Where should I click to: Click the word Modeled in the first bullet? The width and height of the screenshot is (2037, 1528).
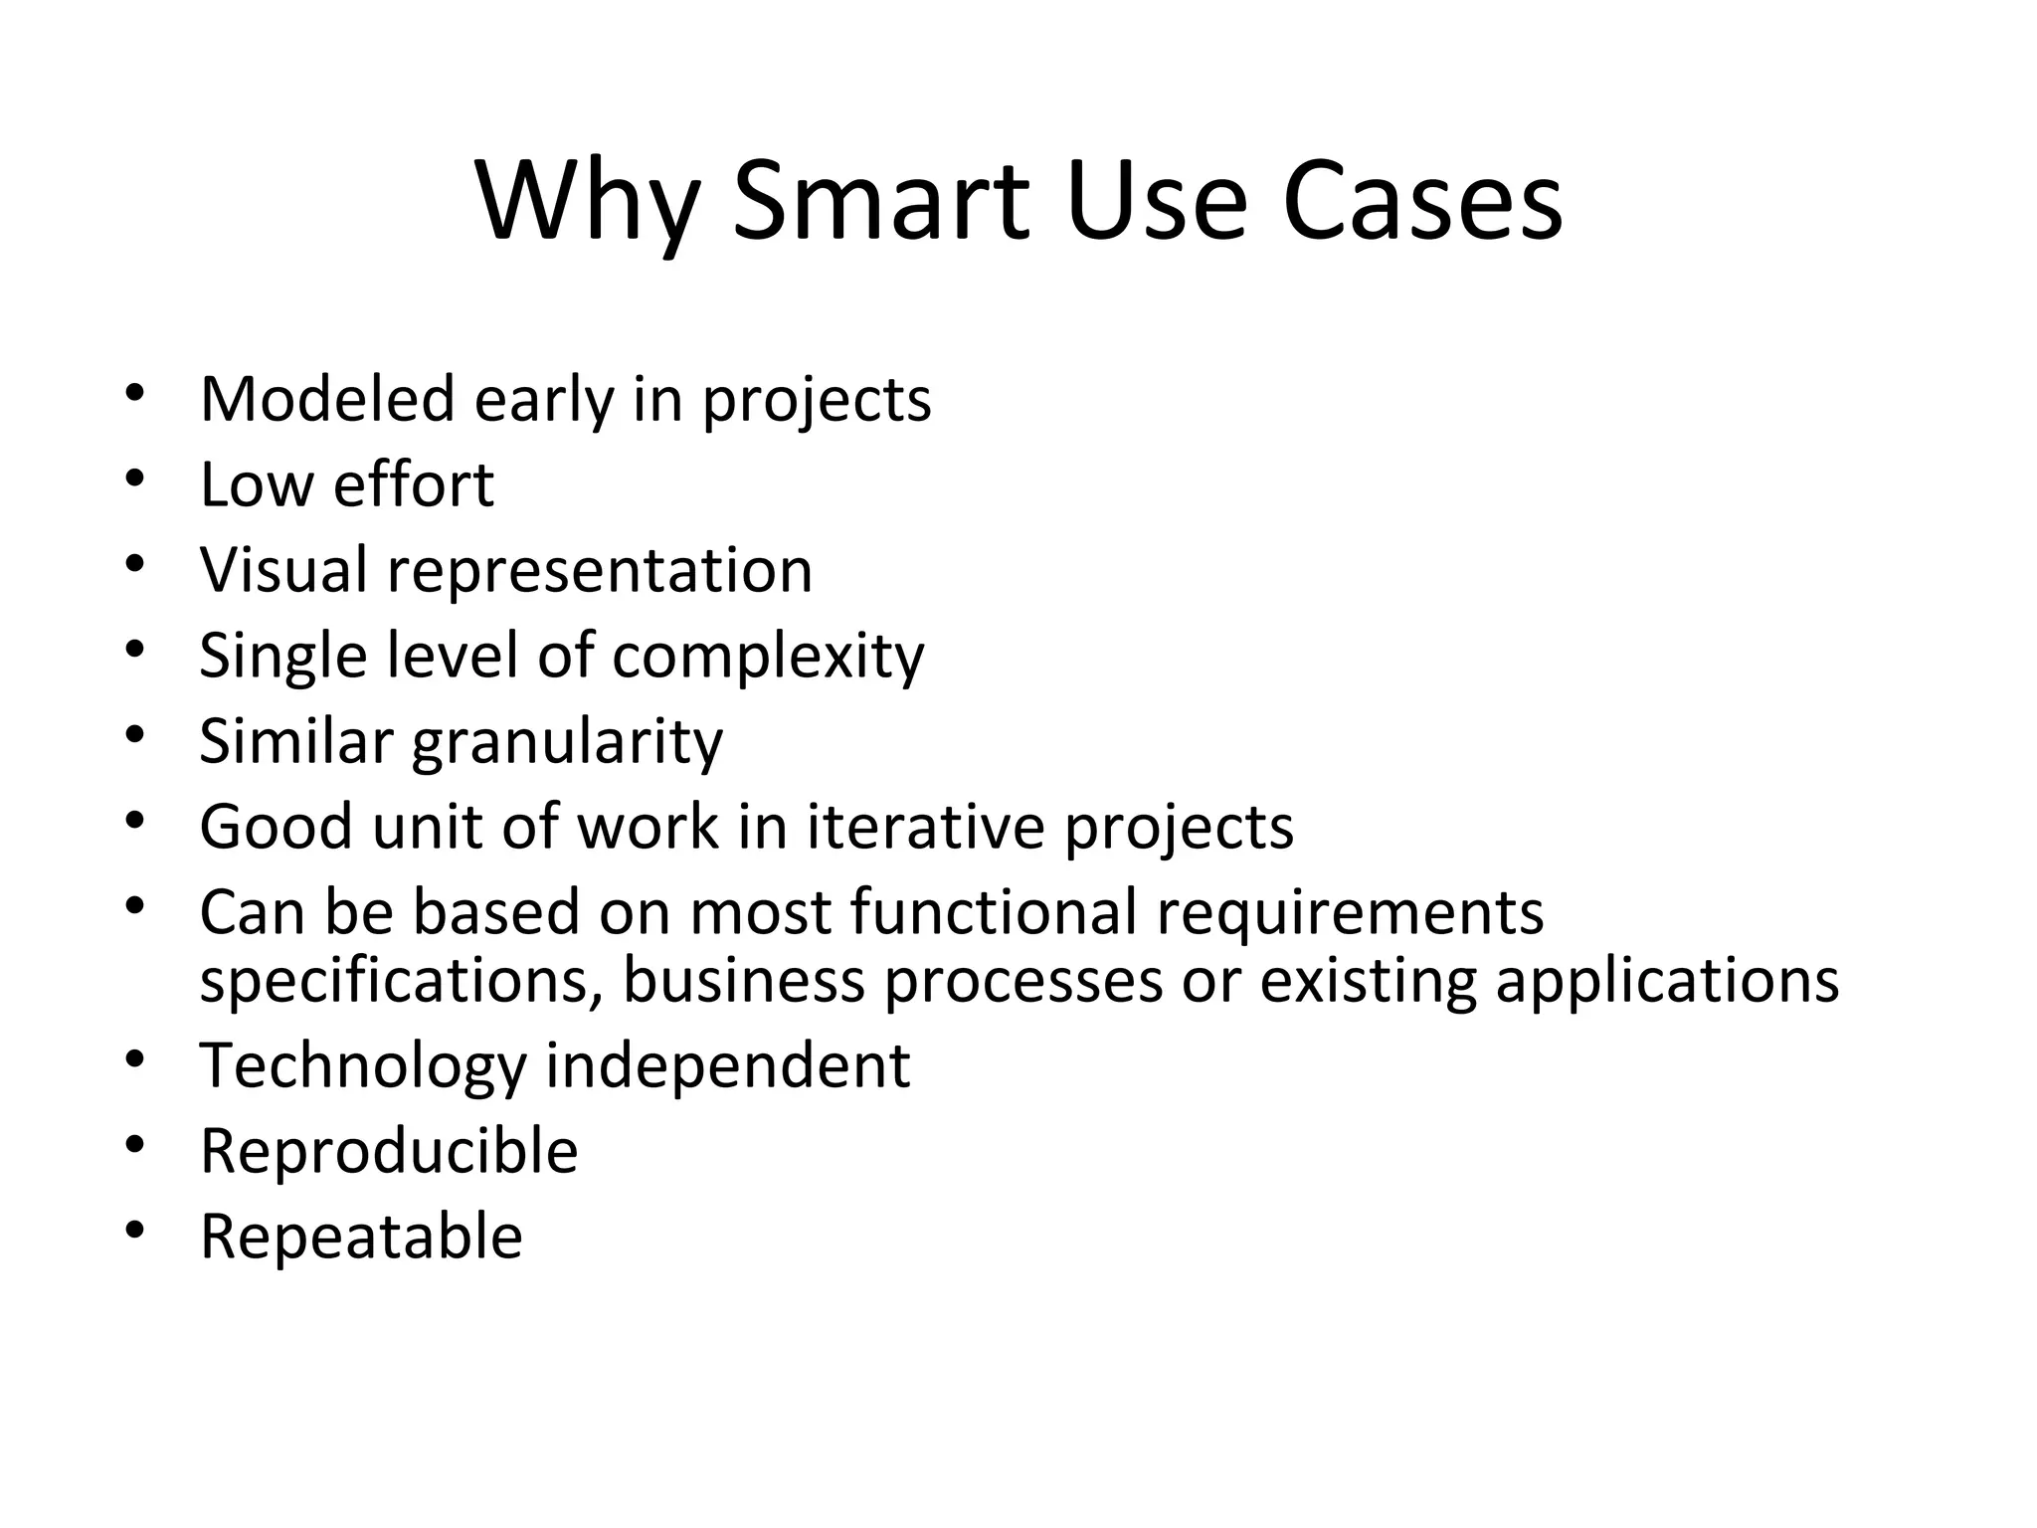pos(327,399)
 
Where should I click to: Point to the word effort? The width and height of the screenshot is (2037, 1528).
pos(413,484)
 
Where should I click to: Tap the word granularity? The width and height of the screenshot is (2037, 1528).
pos(567,743)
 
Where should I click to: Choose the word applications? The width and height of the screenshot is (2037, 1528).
pos(1667,983)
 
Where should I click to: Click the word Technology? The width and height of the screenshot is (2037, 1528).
pos(362,1067)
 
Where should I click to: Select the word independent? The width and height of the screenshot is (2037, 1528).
pos(727,1065)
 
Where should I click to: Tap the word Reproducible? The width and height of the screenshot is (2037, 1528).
pos(389,1151)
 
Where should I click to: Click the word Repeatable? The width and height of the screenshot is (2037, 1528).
pos(361,1238)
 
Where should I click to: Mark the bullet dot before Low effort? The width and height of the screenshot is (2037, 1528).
pos(135,478)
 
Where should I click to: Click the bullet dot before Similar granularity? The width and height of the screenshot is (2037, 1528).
pos(135,735)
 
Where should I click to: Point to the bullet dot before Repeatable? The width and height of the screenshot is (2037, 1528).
pos(135,1231)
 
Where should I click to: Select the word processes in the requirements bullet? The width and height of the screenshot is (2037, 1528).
pos(1022,983)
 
